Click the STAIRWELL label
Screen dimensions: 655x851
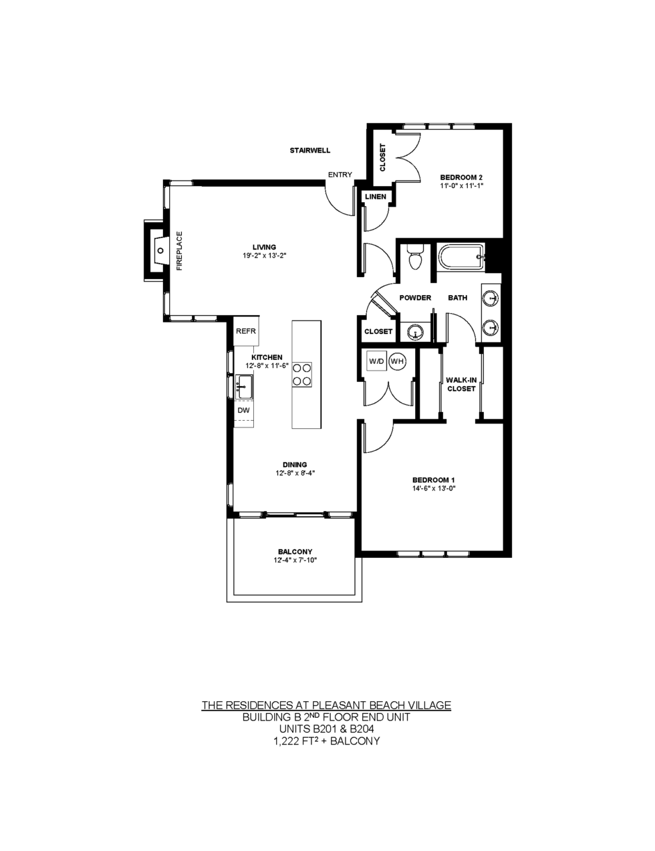[309, 151]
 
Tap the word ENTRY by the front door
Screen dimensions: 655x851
[340, 175]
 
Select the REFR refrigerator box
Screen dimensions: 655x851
[246, 330]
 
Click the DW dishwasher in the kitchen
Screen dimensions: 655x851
[244, 410]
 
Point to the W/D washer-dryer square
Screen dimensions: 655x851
[376, 361]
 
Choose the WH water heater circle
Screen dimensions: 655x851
[397, 361]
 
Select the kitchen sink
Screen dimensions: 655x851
[244, 387]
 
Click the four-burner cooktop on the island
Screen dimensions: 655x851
[302, 375]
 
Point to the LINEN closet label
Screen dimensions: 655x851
[376, 197]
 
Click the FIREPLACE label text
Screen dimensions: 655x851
[179, 251]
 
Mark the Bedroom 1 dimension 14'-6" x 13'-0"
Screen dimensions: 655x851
[434, 488]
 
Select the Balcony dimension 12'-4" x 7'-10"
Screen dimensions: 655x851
[295, 560]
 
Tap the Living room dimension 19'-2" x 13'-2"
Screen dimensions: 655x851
[265, 256]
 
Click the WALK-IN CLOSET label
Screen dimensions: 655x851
[461, 384]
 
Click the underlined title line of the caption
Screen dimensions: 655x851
[326, 705]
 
